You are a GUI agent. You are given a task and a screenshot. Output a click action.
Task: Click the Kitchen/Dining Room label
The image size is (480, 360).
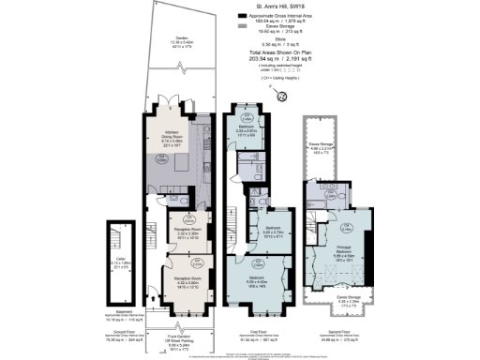pos(172,137)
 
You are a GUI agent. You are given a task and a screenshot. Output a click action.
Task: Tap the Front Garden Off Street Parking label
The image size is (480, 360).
pos(186,341)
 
